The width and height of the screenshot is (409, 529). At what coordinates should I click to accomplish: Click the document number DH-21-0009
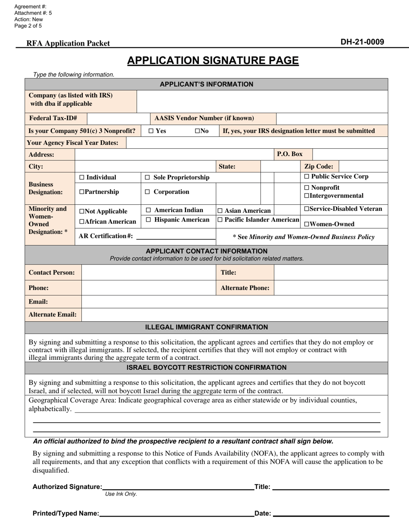362,42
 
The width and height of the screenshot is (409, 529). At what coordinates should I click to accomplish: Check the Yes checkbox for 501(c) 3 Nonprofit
151,131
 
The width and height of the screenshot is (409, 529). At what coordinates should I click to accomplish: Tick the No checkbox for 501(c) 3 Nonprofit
197,131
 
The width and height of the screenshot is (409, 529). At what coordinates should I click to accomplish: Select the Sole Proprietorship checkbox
148,178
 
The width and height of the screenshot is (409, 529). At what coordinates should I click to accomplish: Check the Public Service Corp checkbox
307,177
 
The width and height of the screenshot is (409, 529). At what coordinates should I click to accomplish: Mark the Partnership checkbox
82,192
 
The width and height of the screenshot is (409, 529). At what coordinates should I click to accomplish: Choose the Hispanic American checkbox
149,220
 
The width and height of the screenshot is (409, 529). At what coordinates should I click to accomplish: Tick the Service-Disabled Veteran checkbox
307,209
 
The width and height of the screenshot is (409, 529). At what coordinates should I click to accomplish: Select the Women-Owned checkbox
307,224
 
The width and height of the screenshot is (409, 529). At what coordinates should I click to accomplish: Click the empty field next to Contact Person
149,273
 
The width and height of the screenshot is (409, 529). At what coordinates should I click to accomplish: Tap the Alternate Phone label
245,288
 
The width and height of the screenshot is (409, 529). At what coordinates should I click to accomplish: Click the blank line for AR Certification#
176,237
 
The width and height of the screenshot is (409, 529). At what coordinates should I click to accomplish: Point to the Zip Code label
319,166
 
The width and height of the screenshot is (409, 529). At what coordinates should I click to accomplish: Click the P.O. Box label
290,154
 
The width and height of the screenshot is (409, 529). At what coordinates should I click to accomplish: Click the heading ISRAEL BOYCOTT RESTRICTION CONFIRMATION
206,368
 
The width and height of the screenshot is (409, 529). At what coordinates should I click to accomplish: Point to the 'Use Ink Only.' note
121,494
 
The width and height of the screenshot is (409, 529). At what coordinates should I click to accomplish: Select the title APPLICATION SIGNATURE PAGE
213,61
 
